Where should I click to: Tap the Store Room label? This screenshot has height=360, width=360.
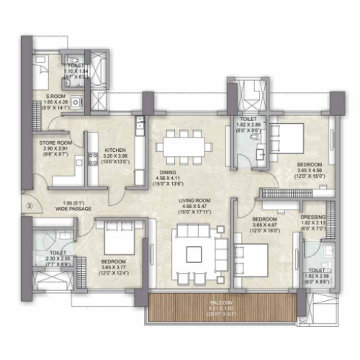pyautogui.click(x=54, y=143)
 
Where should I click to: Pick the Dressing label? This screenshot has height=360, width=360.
pyautogui.click(x=314, y=217)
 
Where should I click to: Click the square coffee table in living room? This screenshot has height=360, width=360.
pyautogui.click(x=194, y=253)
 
